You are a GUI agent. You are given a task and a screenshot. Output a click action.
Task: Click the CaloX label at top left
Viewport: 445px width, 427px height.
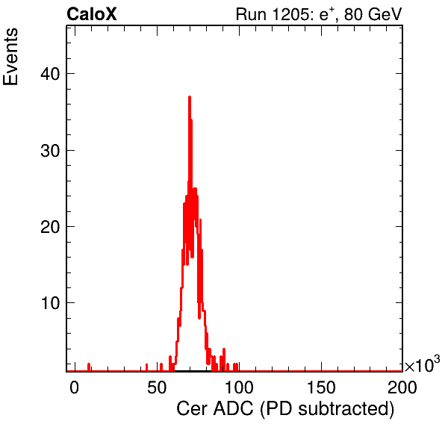pyautogui.click(x=92, y=14)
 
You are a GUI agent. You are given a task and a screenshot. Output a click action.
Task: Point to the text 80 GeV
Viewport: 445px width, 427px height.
pyautogui.click(x=373, y=14)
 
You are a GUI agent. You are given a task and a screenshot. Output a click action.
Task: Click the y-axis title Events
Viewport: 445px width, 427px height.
pyautogui.click(x=10, y=57)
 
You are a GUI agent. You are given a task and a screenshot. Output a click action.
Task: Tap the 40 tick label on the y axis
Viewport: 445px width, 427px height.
pyautogui.click(x=50, y=74)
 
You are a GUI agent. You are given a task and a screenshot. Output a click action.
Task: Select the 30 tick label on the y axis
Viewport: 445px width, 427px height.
pyautogui.click(x=50, y=150)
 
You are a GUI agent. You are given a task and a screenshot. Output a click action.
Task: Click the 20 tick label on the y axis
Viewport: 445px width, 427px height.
pyautogui.click(x=50, y=227)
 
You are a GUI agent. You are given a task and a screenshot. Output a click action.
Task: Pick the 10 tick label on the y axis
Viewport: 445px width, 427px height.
pyautogui.click(x=50, y=303)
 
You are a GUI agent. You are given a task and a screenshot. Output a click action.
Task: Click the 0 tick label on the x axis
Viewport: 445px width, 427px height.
pyautogui.click(x=74, y=387)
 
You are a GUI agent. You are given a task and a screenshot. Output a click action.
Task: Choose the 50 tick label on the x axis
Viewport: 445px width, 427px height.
pyautogui.click(x=157, y=387)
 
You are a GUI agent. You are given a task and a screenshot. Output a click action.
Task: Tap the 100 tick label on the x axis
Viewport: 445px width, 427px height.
pyautogui.click(x=239, y=387)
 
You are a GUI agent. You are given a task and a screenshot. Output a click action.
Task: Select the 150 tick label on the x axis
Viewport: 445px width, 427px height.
pyautogui.click(x=321, y=387)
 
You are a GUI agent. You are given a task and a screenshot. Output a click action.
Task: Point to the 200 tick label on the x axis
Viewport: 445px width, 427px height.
pyautogui.click(x=402, y=387)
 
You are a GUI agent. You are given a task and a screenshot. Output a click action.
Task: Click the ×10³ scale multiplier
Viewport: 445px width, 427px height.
pyautogui.click(x=422, y=364)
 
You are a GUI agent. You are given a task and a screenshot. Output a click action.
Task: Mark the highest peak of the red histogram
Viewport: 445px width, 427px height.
pyautogui.click(x=190, y=97)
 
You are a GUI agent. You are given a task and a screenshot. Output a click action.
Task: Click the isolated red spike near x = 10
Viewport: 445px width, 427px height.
pyautogui.click(x=89, y=367)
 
